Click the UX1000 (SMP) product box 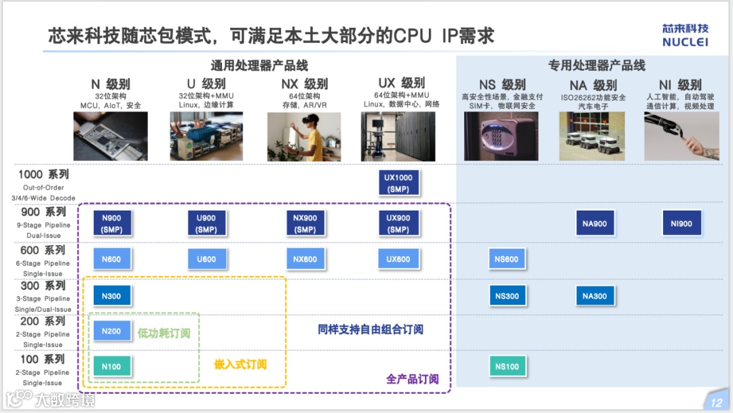(398, 183)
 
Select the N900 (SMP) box (111, 223)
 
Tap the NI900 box (681, 223)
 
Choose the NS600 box (506, 259)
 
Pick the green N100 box (111, 367)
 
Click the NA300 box (595, 295)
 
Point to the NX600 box (305, 259)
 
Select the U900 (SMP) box (206, 223)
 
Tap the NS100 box (506, 367)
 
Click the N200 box (111, 331)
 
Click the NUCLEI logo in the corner (685, 35)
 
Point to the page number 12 (717, 402)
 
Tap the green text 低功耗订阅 (164, 333)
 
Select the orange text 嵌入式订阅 (240, 364)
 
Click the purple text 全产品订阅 (412, 379)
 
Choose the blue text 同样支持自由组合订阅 (371, 329)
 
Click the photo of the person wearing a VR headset (303, 136)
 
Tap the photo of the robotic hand (681, 136)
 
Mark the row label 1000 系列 (43, 175)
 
